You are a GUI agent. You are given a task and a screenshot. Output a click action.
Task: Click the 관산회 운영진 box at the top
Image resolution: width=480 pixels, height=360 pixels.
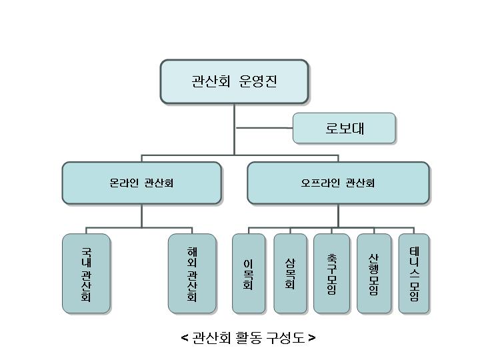(234, 81)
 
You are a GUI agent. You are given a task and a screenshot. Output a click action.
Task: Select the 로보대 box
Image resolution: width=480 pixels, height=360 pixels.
(344, 128)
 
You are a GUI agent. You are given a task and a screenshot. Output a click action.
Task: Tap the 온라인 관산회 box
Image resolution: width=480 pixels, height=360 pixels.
(141, 183)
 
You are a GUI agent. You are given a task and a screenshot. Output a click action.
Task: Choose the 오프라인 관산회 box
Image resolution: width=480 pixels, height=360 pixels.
(338, 183)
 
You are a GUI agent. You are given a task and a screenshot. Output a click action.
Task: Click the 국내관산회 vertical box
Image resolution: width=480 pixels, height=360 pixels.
(86, 273)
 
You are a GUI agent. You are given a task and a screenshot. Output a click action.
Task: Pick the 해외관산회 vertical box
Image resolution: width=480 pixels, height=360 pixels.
(192, 273)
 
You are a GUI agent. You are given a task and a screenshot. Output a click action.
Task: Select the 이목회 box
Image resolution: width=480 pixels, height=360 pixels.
(249, 273)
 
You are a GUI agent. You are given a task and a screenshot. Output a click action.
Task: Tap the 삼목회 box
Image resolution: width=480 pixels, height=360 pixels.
(290, 273)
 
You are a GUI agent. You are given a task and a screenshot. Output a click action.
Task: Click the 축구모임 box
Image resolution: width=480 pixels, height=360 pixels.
(331, 273)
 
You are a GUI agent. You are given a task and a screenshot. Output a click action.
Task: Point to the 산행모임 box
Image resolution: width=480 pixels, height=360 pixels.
(374, 273)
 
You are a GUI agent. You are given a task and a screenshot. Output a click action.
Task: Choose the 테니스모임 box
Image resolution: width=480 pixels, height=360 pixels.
(414, 273)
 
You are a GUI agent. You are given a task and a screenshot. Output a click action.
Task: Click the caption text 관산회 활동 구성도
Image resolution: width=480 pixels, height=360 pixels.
(248, 338)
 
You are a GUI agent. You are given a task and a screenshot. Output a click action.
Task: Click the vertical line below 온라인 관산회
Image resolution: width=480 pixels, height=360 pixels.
(141, 215)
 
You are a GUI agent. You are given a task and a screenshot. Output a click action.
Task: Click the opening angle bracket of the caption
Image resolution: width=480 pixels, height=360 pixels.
(185, 338)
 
